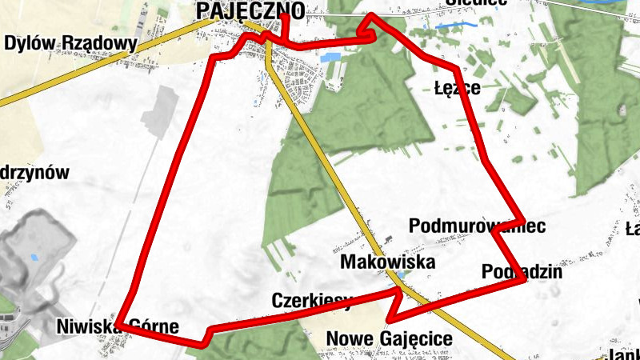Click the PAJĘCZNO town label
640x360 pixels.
[x=250, y=10]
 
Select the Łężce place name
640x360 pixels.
[x=457, y=87]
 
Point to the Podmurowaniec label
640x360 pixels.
[x=477, y=226]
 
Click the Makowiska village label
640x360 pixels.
[x=388, y=262]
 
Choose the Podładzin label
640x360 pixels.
[x=522, y=272]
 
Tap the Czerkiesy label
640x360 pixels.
[x=312, y=301]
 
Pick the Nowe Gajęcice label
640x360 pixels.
[x=389, y=338]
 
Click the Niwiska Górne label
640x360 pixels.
[x=118, y=326]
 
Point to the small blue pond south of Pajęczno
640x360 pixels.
[x=329, y=58]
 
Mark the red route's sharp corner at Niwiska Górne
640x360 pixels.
[x=119, y=324]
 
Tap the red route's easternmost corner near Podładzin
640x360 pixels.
[x=525, y=281]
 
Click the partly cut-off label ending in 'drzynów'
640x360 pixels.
[x=35, y=172]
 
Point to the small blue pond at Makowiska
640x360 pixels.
[x=401, y=275]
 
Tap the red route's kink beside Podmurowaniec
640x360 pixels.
[x=497, y=230]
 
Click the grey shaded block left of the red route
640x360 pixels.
[x=164, y=112]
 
